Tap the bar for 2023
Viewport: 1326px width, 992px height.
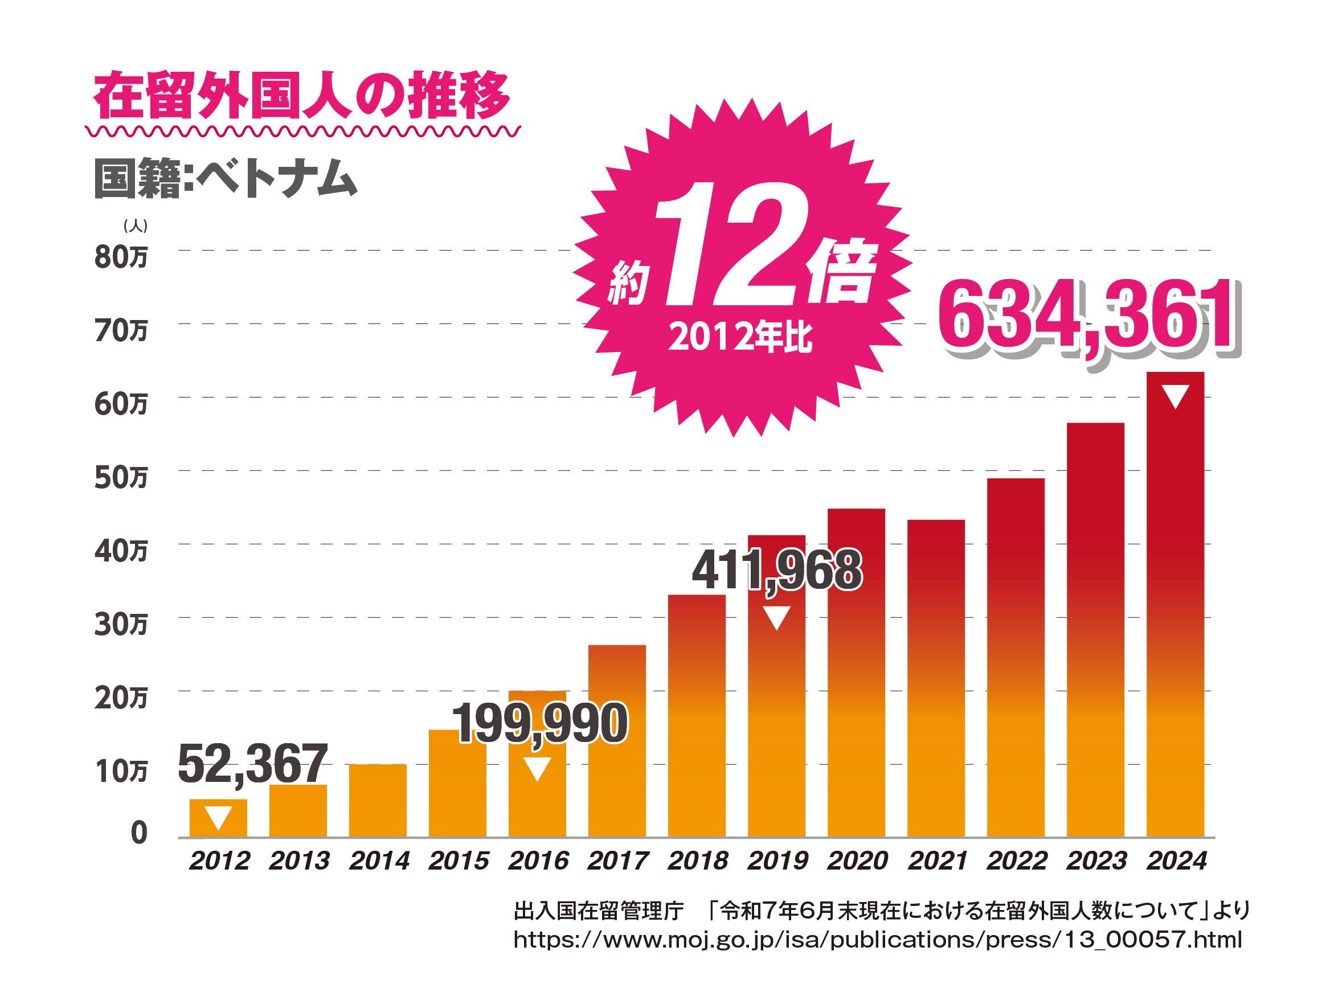point(1095,629)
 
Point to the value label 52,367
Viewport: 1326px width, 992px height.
point(252,763)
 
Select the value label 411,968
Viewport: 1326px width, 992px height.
point(777,570)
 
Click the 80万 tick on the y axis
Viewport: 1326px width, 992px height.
point(121,256)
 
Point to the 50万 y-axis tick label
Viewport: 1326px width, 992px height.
point(121,478)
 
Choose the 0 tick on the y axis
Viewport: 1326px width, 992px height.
point(139,833)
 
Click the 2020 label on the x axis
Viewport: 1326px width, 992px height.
point(857,860)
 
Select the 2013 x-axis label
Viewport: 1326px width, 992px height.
point(298,860)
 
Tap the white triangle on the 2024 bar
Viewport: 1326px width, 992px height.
point(1175,396)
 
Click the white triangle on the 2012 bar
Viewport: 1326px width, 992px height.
point(218,817)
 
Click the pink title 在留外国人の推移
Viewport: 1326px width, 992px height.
point(301,96)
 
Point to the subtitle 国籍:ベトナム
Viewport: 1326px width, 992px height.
point(226,178)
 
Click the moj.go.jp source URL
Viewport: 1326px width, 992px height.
point(878,939)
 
